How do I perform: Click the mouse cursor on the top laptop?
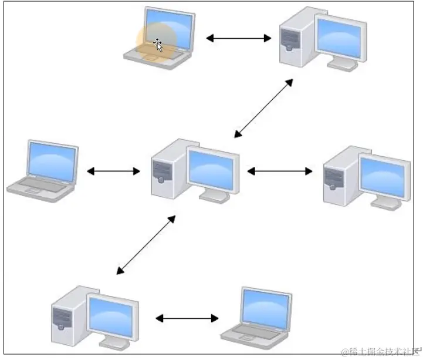point(158,44)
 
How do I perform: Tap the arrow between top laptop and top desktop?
point(238,39)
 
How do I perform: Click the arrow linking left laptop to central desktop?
point(113,171)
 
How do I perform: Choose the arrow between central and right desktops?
point(280,171)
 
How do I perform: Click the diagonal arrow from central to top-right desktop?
point(263,108)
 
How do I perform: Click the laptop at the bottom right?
point(258,315)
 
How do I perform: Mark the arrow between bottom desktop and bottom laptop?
point(187,318)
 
